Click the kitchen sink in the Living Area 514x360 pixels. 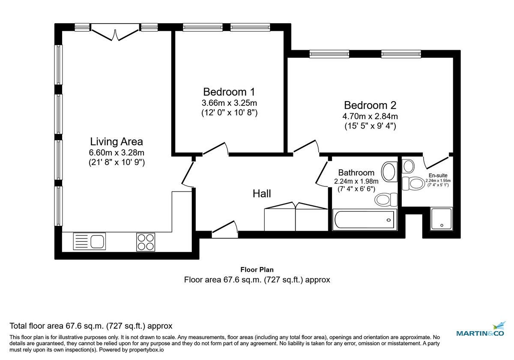(89, 242)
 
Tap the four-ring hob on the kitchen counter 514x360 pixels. (146, 242)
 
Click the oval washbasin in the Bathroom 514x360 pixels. (389, 171)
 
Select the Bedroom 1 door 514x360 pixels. (215, 148)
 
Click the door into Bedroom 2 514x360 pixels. (306, 147)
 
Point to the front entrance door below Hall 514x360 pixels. (225, 229)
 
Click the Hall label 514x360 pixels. (261, 194)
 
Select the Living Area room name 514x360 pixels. (117, 141)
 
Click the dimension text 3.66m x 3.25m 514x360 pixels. (229, 103)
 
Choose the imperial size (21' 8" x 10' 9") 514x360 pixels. (117, 162)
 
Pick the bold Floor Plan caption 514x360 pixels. (257, 270)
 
